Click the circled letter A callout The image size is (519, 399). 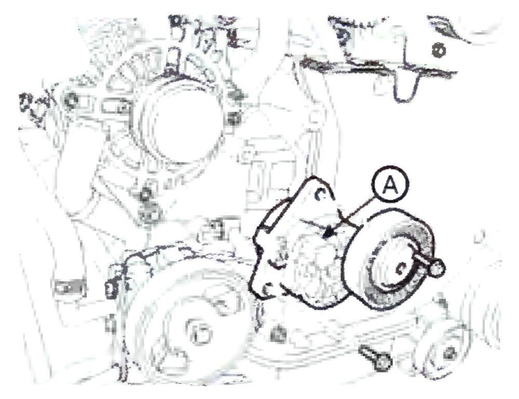(391, 185)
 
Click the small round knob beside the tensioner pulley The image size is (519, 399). (437, 267)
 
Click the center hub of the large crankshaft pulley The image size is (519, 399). (199, 332)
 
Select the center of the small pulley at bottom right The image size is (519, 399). (448, 353)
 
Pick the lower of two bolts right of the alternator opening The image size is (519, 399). (234, 118)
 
